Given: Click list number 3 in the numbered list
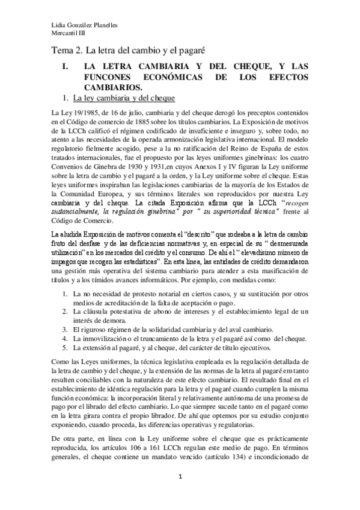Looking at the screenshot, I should point(66,329).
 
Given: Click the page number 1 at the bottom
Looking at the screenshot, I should point(180,494).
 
